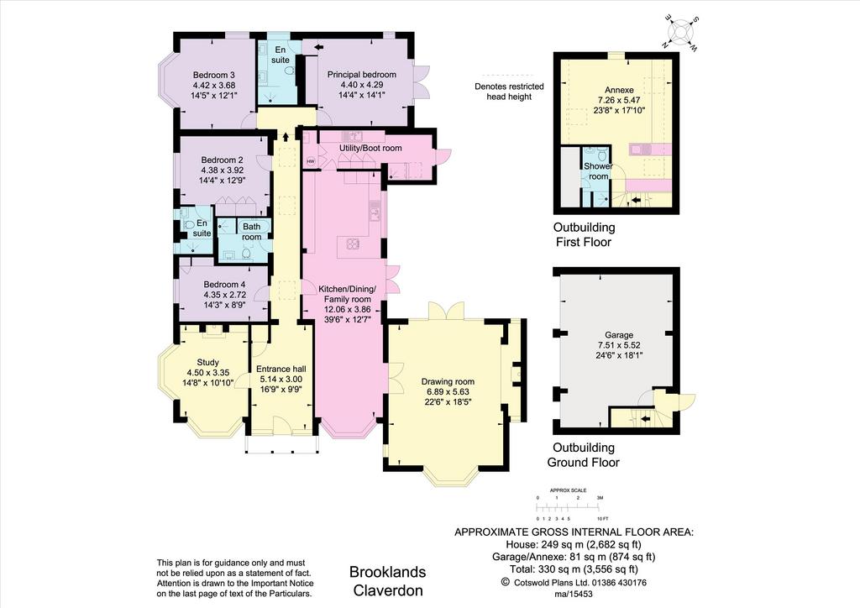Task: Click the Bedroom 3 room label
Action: tap(214, 75)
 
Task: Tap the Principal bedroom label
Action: tap(361, 75)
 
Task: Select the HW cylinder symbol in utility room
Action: tap(311, 161)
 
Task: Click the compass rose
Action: tap(682, 33)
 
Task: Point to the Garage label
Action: tap(619, 334)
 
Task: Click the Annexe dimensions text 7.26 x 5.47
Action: tap(619, 100)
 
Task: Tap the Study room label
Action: tap(208, 362)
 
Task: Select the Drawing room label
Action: tap(448, 381)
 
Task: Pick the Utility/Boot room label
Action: tap(370, 148)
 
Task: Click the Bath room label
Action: tap(252, 231)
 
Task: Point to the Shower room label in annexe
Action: tap(598, 171)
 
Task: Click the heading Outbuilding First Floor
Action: tap(584, 234)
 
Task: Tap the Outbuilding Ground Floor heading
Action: tap(584, 454)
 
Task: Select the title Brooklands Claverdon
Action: tap(388, 581)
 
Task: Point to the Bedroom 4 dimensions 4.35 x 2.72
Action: tap(225, 295)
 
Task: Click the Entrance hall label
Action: tap(281, 369)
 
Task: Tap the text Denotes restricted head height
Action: tap(509, 91)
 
